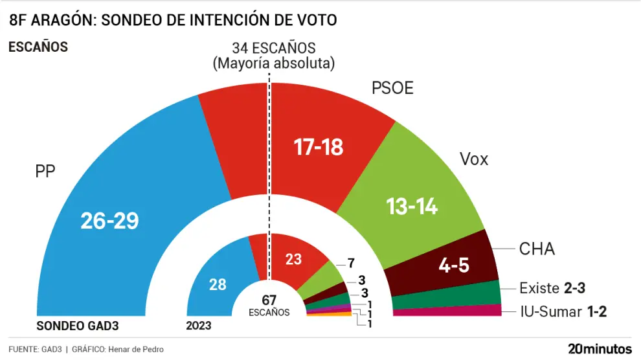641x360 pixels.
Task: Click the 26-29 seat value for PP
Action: point(109,221)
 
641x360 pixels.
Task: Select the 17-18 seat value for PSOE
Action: point(318,147)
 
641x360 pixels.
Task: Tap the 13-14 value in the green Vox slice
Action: point(412,207)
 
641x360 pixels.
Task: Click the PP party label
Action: point(45,172)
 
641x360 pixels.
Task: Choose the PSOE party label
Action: point(392,88)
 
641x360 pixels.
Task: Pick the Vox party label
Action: point(474,159)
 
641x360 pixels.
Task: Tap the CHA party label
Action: point(537,249)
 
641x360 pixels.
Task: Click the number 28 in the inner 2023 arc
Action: point(217,285)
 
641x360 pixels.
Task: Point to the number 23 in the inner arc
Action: point(293,259)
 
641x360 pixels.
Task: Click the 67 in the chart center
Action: point(269,300)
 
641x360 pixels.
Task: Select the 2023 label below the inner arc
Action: point(198,326)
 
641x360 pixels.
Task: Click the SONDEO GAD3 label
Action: point(78,326)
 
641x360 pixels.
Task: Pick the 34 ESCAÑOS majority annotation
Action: point(273,48)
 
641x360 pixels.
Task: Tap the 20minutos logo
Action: point(599,348)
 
